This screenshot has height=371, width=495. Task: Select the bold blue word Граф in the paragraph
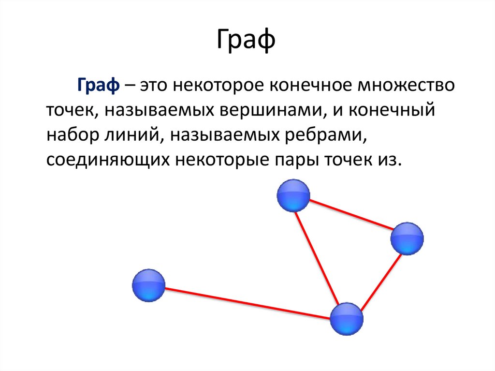[97, 88]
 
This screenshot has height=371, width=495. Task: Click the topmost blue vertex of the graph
[293, 195]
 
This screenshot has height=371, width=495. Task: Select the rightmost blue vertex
[407, 238]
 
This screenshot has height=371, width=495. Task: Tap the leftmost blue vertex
[148, 285]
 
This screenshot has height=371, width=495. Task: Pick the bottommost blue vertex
[347, 319]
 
